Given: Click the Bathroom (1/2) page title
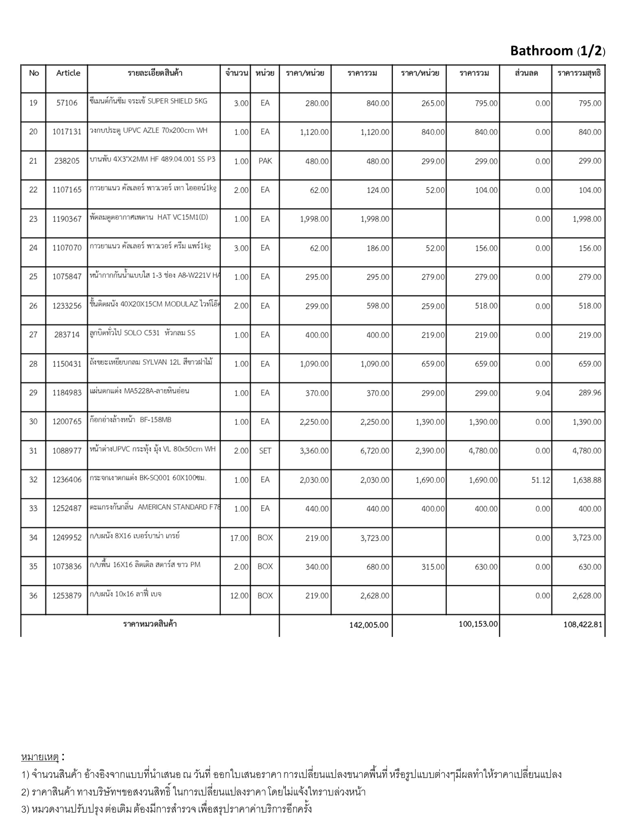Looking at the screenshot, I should tap(557, 51).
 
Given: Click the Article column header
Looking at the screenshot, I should tap(68, 73).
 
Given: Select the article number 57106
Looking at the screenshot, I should tap(67, 103).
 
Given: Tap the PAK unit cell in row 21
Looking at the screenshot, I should tap(265, 161).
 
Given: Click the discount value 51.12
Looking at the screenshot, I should tap(540, 480).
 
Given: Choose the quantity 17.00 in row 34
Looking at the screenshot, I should tap(239, 538).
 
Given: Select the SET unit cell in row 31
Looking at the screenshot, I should tap(265, 451).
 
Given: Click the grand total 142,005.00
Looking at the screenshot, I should tap(369, 625).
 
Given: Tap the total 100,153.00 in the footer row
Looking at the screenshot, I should tap(478, 624).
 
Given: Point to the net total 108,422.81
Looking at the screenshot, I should tap(583, 624).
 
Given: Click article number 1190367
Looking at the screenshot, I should tap(67, 219).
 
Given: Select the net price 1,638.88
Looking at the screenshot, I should tap(587, 480).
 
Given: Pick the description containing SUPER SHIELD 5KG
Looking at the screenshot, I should tap(149, 101).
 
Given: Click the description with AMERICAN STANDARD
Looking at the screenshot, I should tap(155, 507).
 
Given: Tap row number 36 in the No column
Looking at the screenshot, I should tap(33, 596).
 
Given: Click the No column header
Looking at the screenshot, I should tap(34, 73).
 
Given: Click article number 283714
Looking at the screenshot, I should tap(67, 335).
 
